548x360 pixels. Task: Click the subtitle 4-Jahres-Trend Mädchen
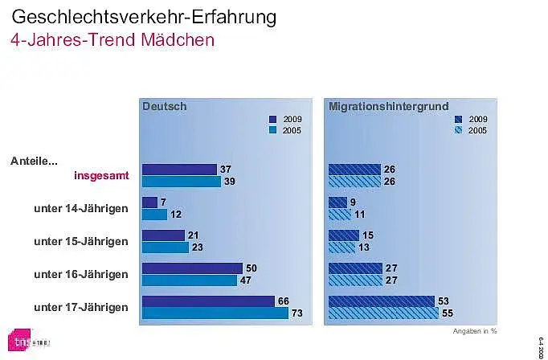[x=112, y=39]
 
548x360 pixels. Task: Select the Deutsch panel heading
[x=165, y=106]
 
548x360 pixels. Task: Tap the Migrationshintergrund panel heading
[x=389, y=106]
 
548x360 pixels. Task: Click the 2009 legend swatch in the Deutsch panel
[x=272, y=119]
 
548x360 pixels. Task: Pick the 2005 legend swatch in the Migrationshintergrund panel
[x=458, y=130]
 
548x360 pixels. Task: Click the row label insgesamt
[x=101, y=175]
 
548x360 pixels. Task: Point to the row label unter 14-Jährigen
[x=81, y=208]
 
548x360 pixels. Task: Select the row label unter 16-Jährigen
[x=81, y=274]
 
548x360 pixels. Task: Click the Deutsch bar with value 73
[x=215, y=313]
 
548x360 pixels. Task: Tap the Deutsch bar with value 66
[x=208, y=301]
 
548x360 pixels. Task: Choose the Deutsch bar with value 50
[x=192, y=268]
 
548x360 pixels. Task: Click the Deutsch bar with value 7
[x=149, y=202]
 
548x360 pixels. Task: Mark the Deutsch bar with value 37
[x=179, y=170]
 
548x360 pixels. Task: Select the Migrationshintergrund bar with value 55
[x=383, y=313]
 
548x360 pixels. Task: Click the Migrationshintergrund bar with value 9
[x=337, y=202]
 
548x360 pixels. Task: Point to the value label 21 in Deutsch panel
[x=194, y=235]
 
